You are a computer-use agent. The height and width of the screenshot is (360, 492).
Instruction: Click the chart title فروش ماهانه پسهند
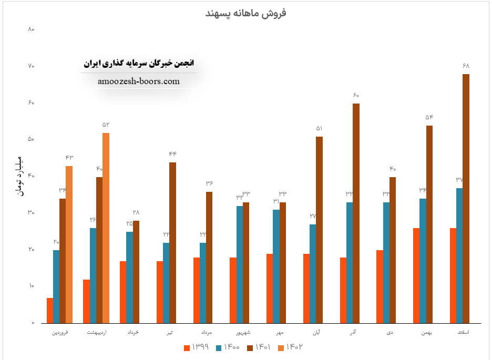pos(245,13)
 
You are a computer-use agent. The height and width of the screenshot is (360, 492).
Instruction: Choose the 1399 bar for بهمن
pos(416,275)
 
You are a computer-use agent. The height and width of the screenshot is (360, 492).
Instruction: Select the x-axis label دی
pos(389,333)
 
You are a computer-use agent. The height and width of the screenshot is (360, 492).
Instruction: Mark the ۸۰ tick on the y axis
pos(31,29)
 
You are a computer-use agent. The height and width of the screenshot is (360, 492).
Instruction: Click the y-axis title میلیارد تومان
pos(19,176)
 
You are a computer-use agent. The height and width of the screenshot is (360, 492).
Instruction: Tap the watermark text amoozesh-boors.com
pos(139,81)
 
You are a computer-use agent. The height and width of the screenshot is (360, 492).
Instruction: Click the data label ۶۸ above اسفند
pos(466,66)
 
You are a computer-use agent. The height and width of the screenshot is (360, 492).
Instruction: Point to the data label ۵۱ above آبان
pos(319,128)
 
